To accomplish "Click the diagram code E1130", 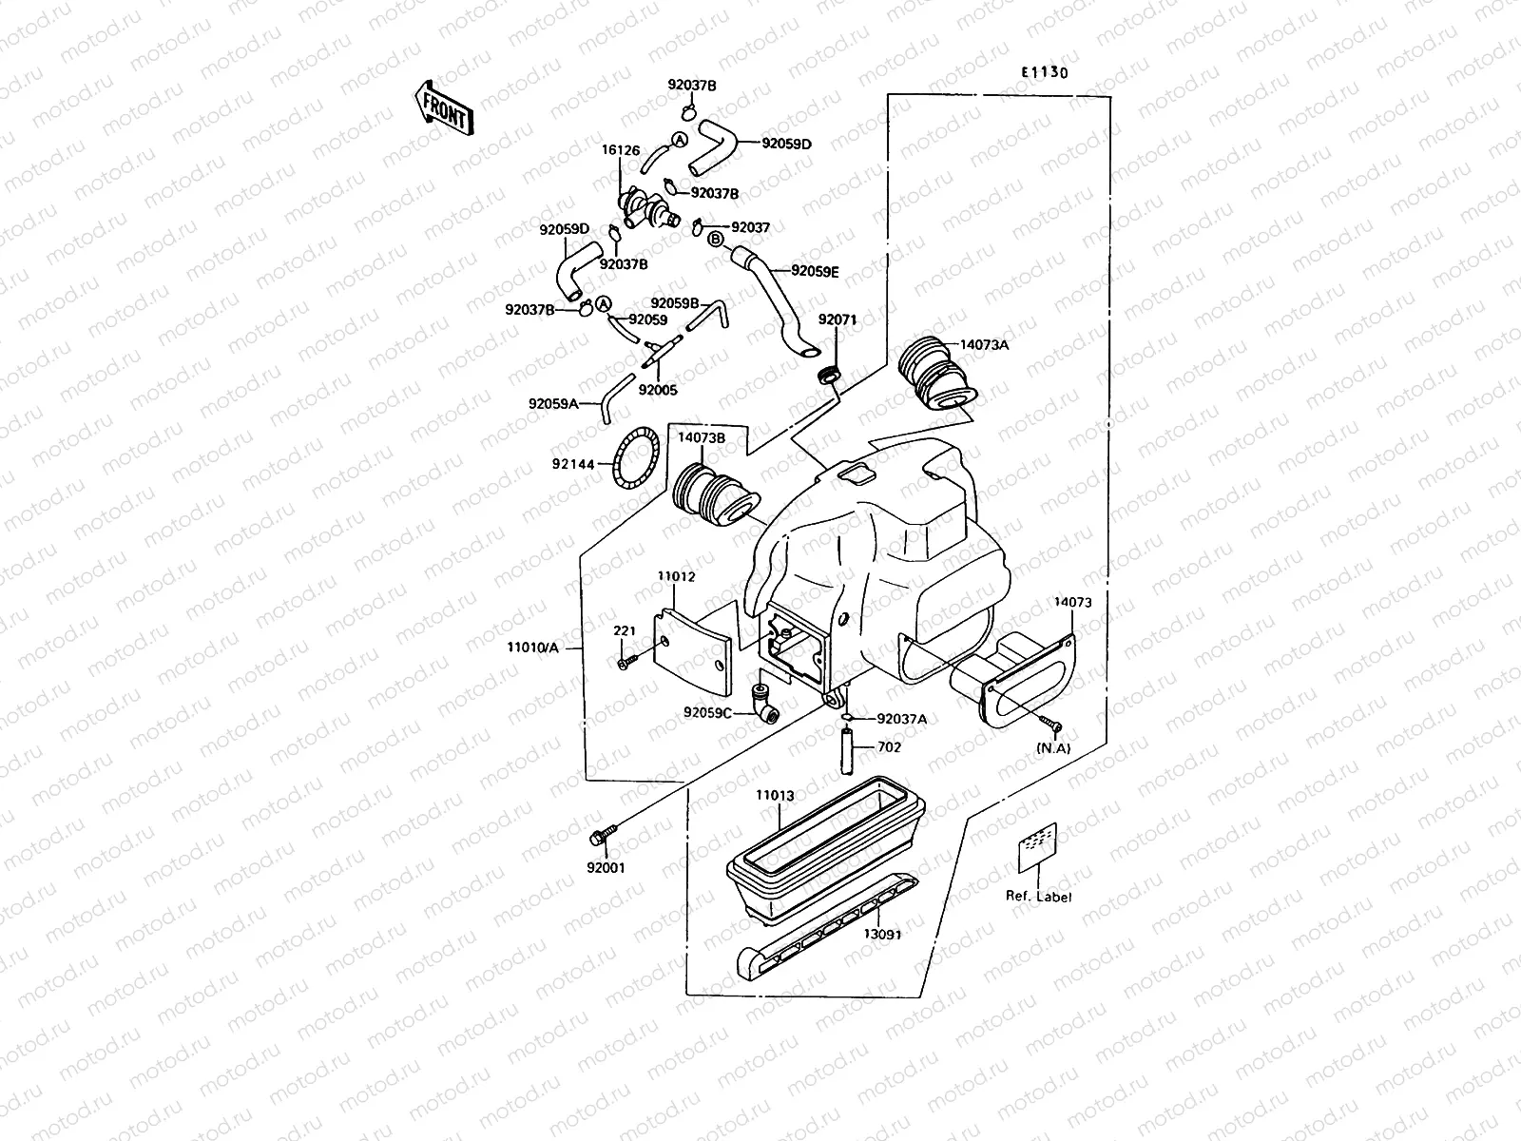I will pyautogui.click(x=1045, y=72).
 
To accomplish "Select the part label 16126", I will pyautogui.click(x=620, y=150).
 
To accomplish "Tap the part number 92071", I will pyautogui.click(x=838, y=320).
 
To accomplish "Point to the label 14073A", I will pyautogui.click(x=984, y=345).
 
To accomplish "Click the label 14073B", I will pyautogui.click(x=702, y=438).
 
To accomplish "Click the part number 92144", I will pyautogui.click(x=572, y=465).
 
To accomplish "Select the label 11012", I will pyautogui.click(x=676, y=576).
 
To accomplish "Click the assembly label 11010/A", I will pyautogui.click(x=533, y=648).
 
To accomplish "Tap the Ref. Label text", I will pyautogui.click(x=1039, y=896).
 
